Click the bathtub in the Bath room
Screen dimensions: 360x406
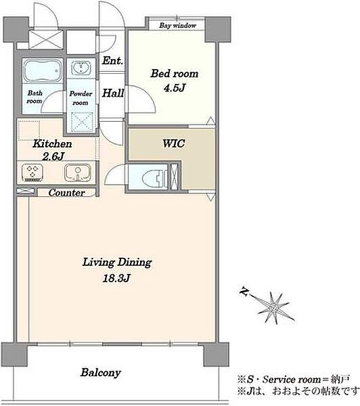43,70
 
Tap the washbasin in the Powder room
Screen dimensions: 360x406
81,68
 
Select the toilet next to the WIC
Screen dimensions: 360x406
154,177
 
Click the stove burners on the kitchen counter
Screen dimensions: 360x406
33,172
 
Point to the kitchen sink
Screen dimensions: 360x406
78,172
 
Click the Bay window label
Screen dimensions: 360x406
178,26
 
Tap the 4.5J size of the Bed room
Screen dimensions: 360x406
175,88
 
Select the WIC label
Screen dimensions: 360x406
173,143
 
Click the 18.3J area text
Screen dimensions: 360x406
116,278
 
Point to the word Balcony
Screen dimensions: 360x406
101,373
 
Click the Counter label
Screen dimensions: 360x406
66,193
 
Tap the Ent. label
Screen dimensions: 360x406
112,61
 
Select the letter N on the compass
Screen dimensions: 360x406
244,292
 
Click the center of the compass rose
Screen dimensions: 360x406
273,308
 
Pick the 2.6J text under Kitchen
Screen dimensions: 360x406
53,156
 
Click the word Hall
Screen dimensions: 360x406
113,93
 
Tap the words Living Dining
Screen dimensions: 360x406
117,263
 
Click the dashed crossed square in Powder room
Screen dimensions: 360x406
81,122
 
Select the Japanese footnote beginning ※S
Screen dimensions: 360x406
294,380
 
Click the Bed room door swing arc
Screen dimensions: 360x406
148,93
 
